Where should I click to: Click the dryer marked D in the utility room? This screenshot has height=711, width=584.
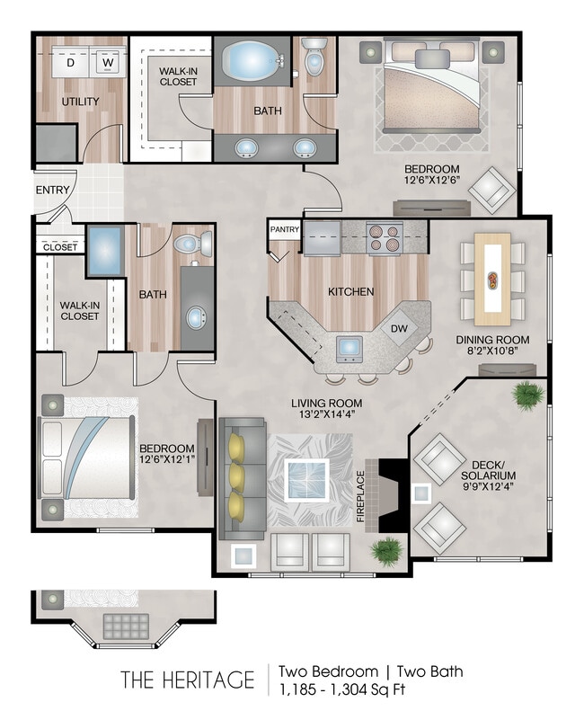click(71, 63)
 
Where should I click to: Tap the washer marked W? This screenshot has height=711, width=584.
click(107, 63)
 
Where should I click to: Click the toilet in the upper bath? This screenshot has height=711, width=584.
click(314, 58)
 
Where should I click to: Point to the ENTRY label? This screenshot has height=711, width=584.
click(52, 190)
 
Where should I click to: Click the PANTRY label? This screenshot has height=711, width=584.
click(284, 230)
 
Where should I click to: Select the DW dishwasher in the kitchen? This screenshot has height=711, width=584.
click(399, 329)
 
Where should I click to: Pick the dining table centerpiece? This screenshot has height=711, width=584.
click(493, 278)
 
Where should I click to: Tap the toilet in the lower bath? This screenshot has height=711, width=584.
click(190, 244)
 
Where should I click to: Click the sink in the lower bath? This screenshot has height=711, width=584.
click(197, 316)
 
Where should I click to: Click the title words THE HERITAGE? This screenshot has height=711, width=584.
click(188, 680)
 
